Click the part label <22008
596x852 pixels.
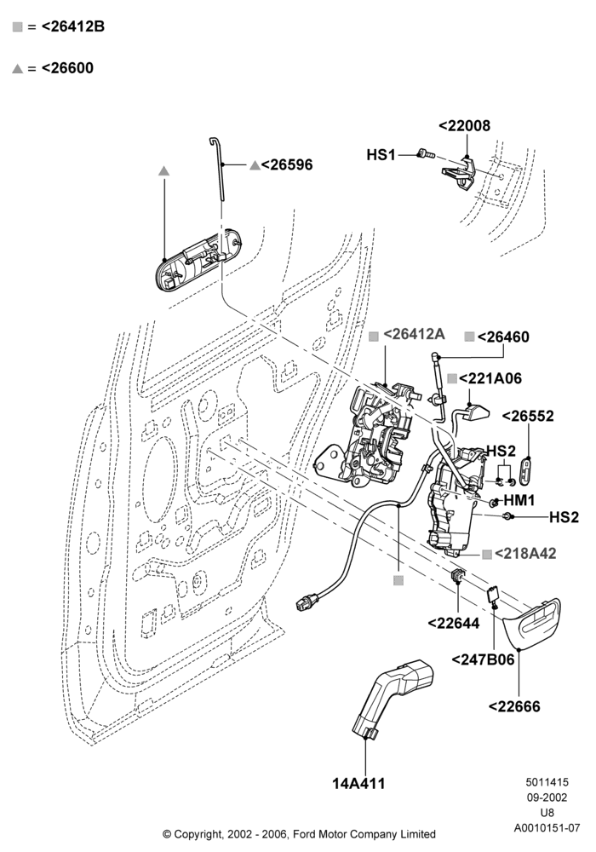click(464, 125)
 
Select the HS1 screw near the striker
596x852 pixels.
click(426, 154)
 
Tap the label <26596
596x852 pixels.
click(287, 164)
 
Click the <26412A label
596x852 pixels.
click(414, 334)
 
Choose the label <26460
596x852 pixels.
click(503, 337)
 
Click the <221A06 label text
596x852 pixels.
click(490, 378)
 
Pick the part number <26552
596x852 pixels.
click(528, 417)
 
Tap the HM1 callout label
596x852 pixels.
click(519, 500)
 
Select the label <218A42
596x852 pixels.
click(525, 553)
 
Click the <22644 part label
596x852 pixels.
click(454, 624)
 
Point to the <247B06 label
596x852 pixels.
click(483, 659)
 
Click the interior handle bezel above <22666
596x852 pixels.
click(532, 624)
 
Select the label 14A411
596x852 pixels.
click(358, 784)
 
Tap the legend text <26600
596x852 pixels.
click(67, 68)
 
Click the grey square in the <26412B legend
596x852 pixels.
click(17, 26)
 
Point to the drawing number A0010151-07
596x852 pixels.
click(547, 828)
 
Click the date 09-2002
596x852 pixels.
click(547, 797)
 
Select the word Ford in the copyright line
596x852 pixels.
click(305, 833)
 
